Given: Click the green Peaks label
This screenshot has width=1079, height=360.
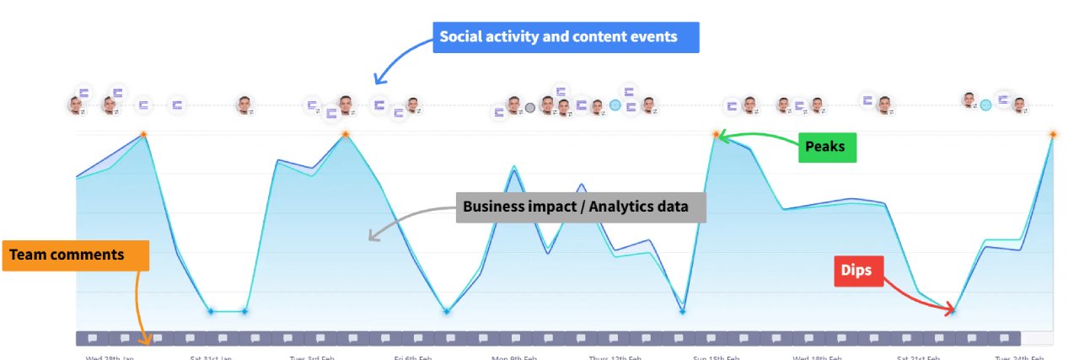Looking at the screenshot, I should click(825, 148).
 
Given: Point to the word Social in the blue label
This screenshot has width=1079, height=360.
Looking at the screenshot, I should click(461, 38).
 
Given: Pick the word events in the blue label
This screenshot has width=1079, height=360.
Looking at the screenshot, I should click(666, 38).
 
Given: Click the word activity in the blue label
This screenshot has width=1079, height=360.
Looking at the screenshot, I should click(516, 38).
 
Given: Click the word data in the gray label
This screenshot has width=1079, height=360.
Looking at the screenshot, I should click(673, 207).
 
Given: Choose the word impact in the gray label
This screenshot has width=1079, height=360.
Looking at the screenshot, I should click(550, 207).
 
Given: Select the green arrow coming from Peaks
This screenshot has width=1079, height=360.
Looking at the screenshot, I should click(759, 138).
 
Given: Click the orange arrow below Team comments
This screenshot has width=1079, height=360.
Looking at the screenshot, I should click(139, 308).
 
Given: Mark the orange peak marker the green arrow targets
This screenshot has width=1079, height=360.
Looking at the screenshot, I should click(717, 134).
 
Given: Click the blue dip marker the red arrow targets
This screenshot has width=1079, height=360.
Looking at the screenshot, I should click(953, 311).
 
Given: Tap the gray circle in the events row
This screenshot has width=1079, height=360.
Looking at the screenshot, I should click(530, 107).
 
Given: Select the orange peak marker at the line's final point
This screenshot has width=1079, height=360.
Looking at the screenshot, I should click(1054, 134).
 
